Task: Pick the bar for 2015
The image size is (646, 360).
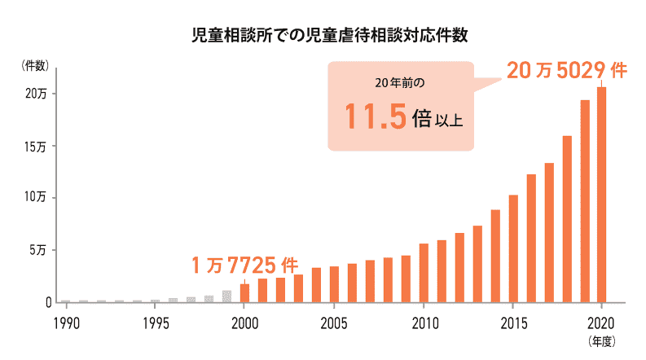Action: [x=513, y=248]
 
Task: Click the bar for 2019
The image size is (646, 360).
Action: [x=584, y=200]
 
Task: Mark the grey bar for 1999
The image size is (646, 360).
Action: [x=226, y=296]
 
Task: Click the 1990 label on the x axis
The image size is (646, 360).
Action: [x=66, y=320]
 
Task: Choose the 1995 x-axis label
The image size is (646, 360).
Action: [x=156, y=320]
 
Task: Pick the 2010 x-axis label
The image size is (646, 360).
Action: [x=424, y=320]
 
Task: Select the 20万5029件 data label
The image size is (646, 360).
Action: [x=565, y=70]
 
